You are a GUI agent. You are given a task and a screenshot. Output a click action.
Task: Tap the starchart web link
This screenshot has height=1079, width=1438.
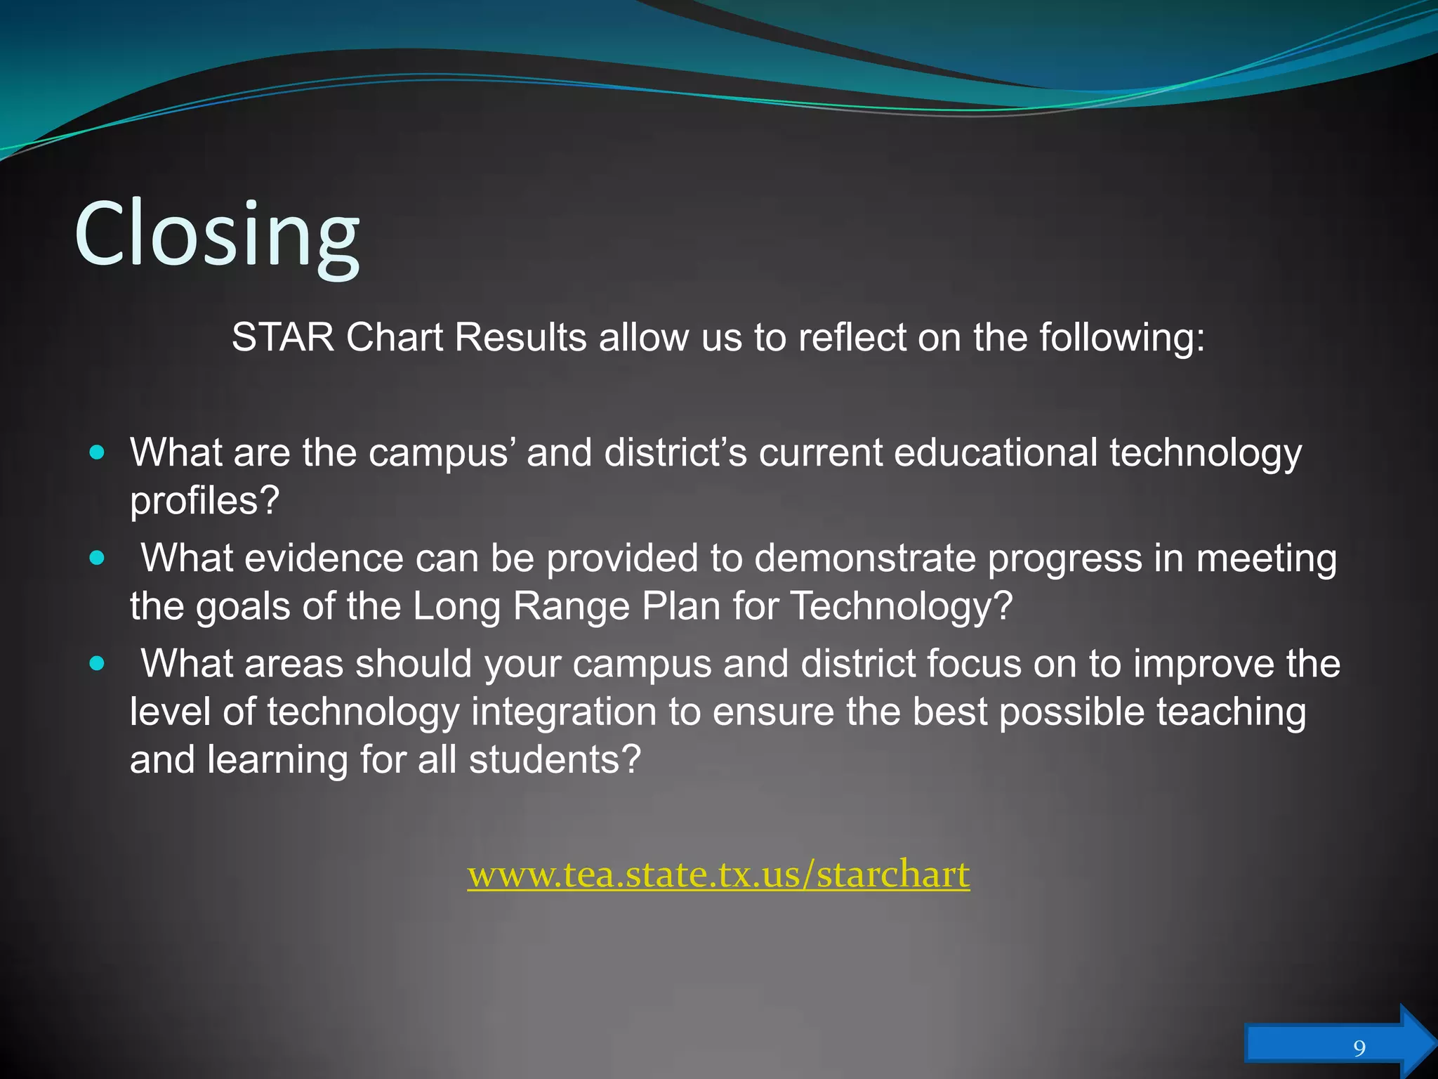tap(718, 875)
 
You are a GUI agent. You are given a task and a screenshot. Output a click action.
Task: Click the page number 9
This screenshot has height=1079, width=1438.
tap(1359, 1049)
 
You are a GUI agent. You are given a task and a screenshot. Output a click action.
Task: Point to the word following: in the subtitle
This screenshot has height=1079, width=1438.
tap(1122, 339)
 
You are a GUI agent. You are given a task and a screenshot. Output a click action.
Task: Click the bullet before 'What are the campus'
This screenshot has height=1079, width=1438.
tap(98, 452)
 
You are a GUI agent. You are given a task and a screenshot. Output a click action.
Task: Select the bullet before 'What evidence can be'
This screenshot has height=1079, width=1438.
tap(98, 558)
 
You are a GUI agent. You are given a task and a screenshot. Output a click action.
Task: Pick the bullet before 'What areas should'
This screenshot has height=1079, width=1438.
tap(98, 664)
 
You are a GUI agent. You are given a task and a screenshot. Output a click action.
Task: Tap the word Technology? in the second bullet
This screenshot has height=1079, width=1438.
tap(902, 606)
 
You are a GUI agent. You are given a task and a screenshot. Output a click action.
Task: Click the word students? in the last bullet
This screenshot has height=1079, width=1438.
tap(555, 760)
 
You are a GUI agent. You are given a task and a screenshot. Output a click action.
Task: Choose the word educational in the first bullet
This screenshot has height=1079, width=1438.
tap(996, 452)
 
